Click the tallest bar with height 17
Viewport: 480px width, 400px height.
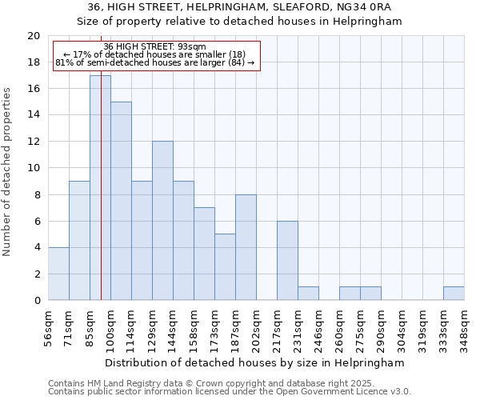(100, 188)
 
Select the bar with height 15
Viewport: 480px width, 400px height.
(121, 201)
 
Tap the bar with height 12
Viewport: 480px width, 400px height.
(162, 221)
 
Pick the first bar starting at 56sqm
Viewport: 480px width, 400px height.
(58, 274)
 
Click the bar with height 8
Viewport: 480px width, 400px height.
(246, 247)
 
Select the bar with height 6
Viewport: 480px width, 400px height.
(287, 261)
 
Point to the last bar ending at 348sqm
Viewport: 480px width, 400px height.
(454, 294)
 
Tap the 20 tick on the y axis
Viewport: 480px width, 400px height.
(34, 36)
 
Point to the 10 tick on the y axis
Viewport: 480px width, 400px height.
(34, 168)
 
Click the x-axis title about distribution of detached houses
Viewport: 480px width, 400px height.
(255, 363)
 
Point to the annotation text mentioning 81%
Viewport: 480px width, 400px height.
(155, 62)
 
